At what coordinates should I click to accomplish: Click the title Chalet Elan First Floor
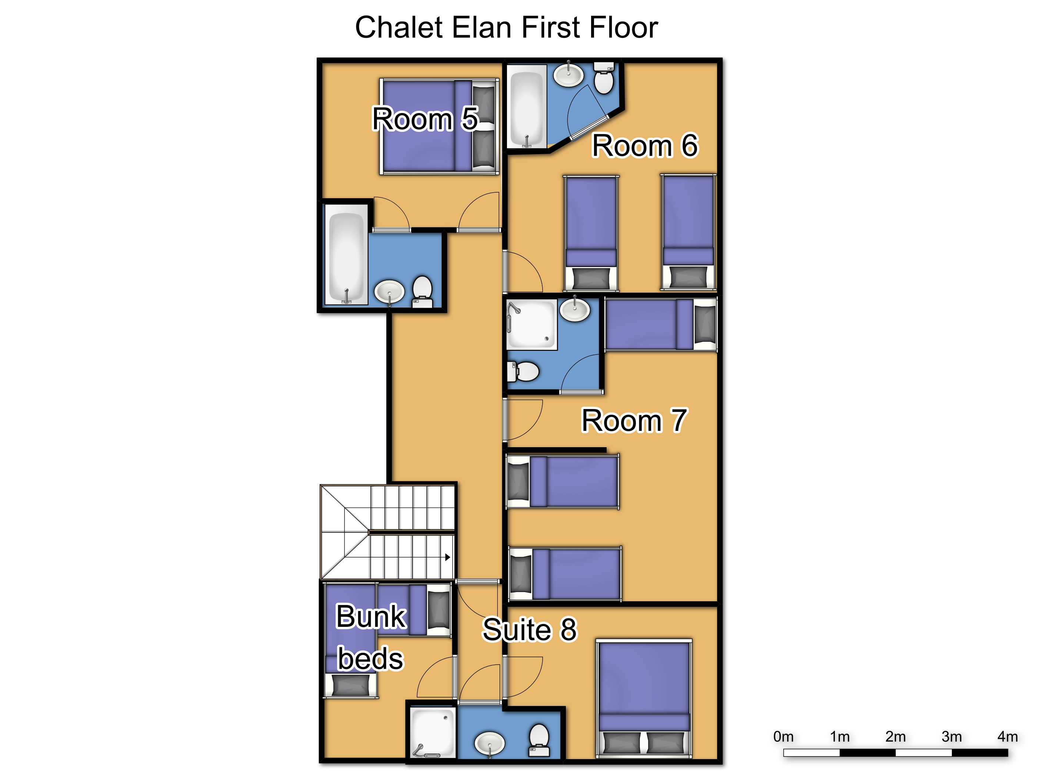pyautogui.click(x=506, y=27)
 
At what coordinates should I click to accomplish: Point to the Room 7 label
pyautogui.click(x=634, y=420)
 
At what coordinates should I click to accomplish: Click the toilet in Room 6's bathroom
pyautogui.click(x=604, y=77)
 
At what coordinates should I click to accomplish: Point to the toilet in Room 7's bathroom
pyautogui.click(x=523, y=372)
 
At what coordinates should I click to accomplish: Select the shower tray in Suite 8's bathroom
pyautogui.click(x=433, y=732)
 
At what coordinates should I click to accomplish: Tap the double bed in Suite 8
pyautogui.click(x=644, y=698)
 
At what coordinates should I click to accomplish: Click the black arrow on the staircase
pyautogui.click(x=448, y=557)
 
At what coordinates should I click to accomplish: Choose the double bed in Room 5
pyautogui.click(x=439, y=127)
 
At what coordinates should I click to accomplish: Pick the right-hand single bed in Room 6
pyautogui.click(x=688, y=232)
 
